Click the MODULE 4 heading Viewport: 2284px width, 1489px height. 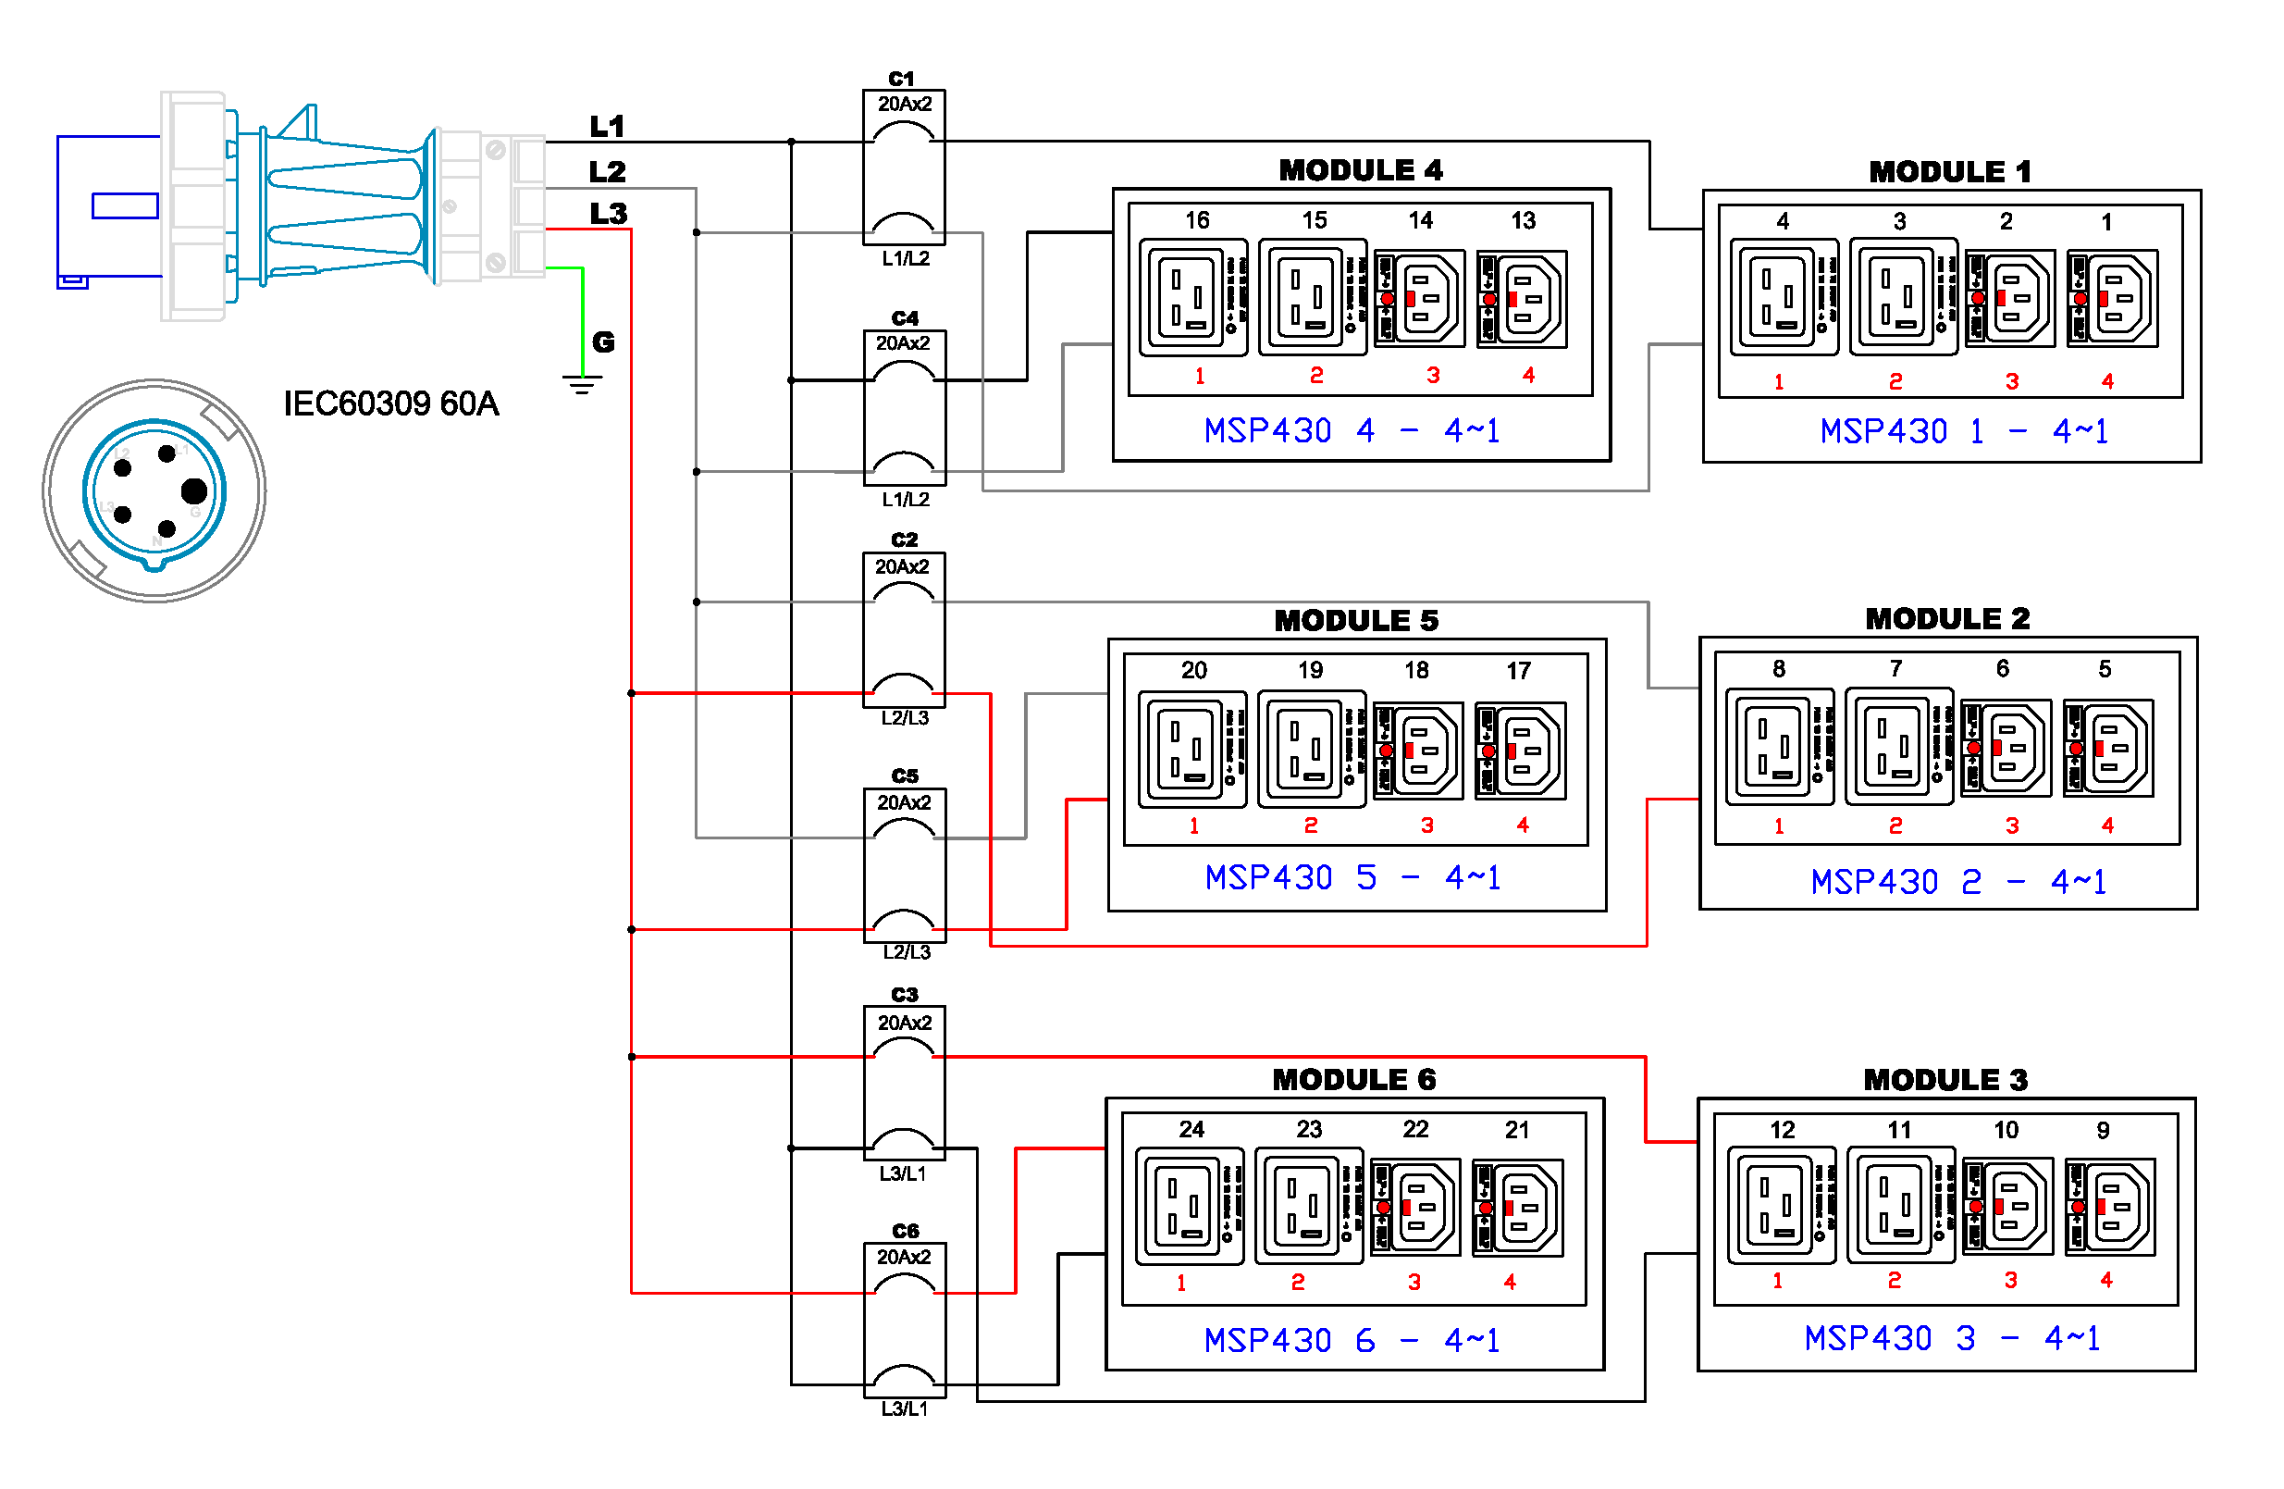click(x=1360, y=170)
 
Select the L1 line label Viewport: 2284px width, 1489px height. click(x=607, y=126)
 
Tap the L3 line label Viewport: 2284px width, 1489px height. click(x=608, y=213)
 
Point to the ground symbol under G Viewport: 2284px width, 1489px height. click(x=582, y=384)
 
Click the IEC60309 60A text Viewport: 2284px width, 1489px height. click(x=390, y=404)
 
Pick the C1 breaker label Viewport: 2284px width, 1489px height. click(x=901, y=79)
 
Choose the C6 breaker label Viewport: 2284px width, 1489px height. click(x=905, y=1231)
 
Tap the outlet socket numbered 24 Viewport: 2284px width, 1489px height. click(x=1188, y=1207)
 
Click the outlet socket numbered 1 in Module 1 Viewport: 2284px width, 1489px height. click(x=2112, y=299)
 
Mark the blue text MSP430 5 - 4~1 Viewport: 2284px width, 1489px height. click(x=1352, y=877)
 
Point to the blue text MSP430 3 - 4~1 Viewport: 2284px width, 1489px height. click(x=1951, y=1338)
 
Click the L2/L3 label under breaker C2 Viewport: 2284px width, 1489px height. click(x=905, y=718)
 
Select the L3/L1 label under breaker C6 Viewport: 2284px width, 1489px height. click(x=905, y=1408)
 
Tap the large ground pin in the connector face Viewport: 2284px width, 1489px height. click(x=194, y=491)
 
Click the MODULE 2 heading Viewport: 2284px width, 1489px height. click(x=1947, y=618)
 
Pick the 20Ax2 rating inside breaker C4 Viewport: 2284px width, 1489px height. click(x=903, y=343)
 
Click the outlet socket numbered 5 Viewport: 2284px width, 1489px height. click(x=2108, y=749)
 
